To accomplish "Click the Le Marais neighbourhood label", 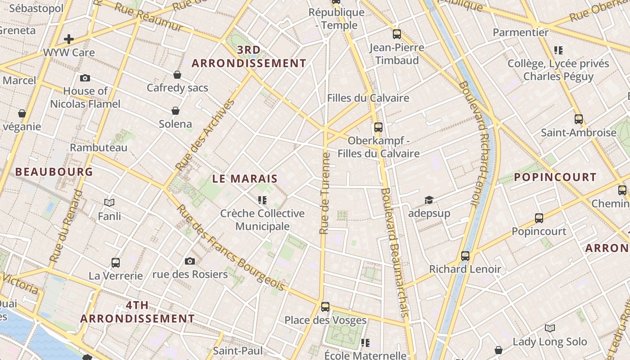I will click(245, 179).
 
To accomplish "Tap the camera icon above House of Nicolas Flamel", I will click(85, 78).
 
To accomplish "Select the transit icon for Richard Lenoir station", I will click(465, 256).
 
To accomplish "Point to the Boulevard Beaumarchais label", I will click(395, 252).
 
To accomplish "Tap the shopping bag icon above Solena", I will click(175, 111).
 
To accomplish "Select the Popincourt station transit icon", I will click(539, 218).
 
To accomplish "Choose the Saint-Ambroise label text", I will click(578, 133).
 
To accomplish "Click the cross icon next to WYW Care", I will click(69, 39).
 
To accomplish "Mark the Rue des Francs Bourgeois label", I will click(230, 247).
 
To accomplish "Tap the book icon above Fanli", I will click(109, 203).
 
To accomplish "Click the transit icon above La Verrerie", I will click(116, 262).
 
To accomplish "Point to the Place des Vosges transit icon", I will click(325, 307).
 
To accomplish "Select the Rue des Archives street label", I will click(205, 135).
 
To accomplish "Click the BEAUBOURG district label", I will click(54, 171).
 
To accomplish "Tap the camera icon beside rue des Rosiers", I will click(190, 261).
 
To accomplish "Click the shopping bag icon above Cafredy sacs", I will click(177, 74).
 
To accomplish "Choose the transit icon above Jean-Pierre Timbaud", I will click(396, 34).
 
